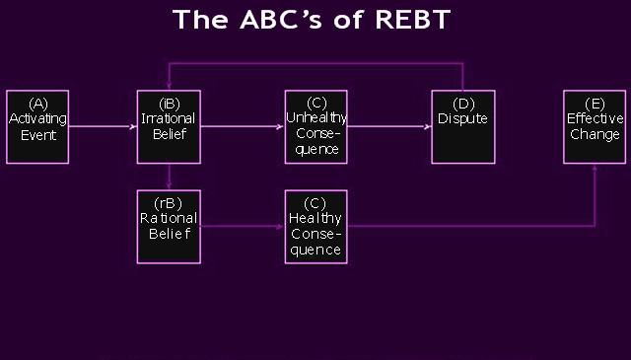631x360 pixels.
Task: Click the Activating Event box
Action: coord(37,126)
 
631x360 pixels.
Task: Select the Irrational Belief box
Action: coord(169,126)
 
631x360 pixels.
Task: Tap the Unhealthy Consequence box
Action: coord(315,126)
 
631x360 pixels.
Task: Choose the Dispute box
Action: coord(462,126)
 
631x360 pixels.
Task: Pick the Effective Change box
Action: coord(595,126)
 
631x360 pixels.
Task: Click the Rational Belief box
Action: coord(169,226)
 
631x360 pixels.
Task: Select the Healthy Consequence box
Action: coord(315,226)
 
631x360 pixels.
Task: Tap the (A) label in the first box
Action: coord(37,103)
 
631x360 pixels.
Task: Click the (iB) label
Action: coord(169,103)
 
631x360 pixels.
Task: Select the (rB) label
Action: coord(169,203)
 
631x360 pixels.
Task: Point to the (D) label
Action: coord(462,103)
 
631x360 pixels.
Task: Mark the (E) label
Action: coord(595,103)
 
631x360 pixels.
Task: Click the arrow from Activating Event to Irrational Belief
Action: coord(104,126)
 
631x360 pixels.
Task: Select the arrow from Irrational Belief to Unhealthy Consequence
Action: coord(242,126)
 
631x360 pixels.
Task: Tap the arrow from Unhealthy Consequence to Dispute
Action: coord(389,126)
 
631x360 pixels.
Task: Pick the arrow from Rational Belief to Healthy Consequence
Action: coord(242,226)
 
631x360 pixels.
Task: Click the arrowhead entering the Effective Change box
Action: coord(595,169)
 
